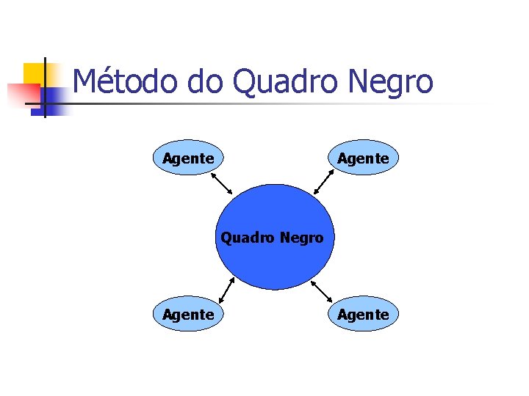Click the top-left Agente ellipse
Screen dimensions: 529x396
[x=188, y=158]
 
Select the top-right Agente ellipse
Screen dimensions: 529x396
[x=363, y=158]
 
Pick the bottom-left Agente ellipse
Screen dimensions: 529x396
[x=188, y=314]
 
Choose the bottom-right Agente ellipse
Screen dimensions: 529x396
[x=363, y=314]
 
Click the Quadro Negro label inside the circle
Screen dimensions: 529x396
[x=273, y=238]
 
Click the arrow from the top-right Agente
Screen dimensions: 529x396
[x=325, y=183]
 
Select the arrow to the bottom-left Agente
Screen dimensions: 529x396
[x=227, y=291]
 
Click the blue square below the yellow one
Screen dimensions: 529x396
[x=51, y=101]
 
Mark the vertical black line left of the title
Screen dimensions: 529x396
[x=45, y=88]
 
